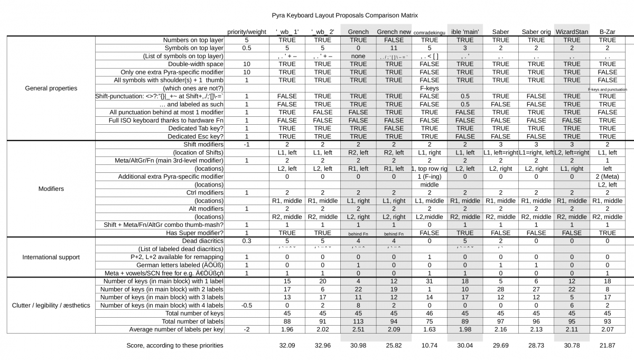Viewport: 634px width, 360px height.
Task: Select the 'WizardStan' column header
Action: point(572,32)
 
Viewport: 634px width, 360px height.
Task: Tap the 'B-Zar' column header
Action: point(607,32)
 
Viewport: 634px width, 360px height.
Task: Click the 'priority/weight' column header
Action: point(247,32)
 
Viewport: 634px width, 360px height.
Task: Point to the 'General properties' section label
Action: point(51,88)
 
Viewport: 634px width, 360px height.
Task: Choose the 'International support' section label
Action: point(51,257)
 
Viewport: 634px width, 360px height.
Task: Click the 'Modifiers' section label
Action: point(51,188)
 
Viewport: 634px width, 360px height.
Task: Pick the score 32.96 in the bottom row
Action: point(322,345)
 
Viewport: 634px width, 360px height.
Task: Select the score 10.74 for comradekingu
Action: point(429,345)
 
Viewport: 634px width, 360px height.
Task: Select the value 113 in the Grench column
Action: point(358,321)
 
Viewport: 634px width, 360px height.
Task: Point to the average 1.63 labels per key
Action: point(429,329)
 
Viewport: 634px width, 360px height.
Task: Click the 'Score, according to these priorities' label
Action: point(175,345)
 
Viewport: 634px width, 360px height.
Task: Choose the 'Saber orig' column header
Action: point(536,32)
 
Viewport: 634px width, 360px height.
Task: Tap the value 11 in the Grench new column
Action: point(394,48)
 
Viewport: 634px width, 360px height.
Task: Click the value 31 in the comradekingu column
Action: point(429,281)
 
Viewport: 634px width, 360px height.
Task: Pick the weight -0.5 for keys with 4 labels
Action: point(247,305)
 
